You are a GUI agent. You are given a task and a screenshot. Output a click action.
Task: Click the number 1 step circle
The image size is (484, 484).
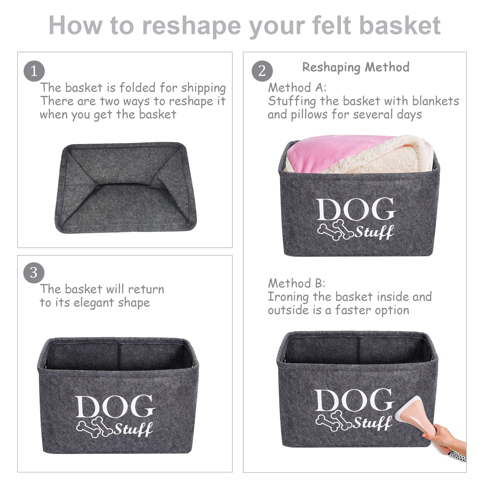(34, 71)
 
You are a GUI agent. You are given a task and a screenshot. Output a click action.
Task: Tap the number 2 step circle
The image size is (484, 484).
(262, 71)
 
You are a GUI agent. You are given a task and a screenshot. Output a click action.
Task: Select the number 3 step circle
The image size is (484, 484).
(34, 273)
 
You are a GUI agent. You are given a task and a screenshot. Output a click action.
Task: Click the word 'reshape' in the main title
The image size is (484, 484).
(191, 25)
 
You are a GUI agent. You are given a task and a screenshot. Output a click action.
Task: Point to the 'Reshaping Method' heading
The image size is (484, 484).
(356, 67)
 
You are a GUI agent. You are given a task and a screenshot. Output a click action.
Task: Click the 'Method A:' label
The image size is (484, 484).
(297, 88)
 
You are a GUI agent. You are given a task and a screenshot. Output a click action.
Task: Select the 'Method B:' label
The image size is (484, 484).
(296, 283)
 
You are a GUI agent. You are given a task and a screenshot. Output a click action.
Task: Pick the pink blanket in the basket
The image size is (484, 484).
(333, 151)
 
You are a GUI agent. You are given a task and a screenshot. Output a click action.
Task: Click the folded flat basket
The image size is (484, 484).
(125, 188)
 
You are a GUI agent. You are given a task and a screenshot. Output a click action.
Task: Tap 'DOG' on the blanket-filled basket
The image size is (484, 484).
(356, 209)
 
